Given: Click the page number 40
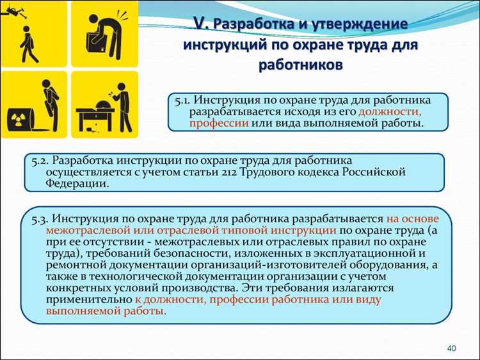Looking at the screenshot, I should tap(451, 348).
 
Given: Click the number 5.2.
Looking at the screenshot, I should tap(39, 160).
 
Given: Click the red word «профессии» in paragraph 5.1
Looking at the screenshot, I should tap(214, 123).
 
